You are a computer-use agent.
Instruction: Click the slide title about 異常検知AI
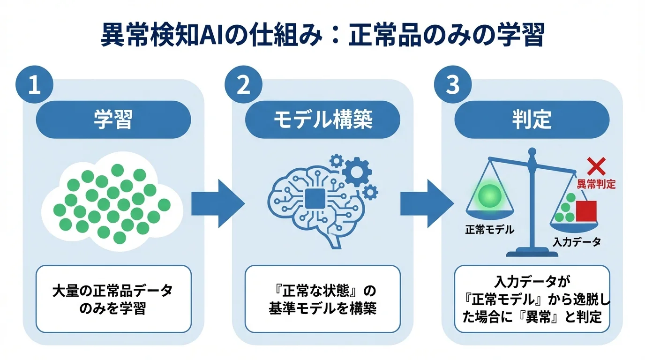pos(322,36)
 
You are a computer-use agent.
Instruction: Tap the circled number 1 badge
pos(34,87)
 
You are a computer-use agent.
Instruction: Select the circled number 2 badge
pos(243,87)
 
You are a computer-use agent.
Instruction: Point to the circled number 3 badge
pos(452,87)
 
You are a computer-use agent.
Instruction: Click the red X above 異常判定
pos(596,167)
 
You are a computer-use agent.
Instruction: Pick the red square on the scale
pos(586,211)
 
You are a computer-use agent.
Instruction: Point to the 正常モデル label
pos(489,230)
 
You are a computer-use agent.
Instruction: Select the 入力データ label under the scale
pos(577,242)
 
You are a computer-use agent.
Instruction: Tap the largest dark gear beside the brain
pos(357,172)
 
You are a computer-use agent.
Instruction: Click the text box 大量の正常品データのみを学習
pos(113,299)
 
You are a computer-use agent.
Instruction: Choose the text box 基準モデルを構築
pos(322,299)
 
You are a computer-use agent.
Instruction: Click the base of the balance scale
pos(532,253)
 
